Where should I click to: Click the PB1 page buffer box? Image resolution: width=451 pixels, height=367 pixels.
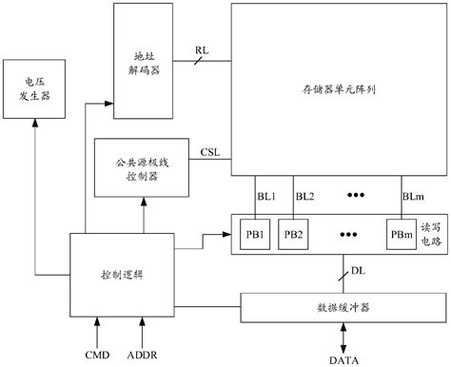tap(256, 234)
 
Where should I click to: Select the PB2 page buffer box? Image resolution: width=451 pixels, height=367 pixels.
tap(293, 234)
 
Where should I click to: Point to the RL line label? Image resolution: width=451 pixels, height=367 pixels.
tap(202, 49)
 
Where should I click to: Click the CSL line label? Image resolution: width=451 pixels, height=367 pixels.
tap(210, 151)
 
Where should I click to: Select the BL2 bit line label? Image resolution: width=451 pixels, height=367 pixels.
tap(304, 197)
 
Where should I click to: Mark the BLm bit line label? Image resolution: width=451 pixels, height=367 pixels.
tap(413, 197)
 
